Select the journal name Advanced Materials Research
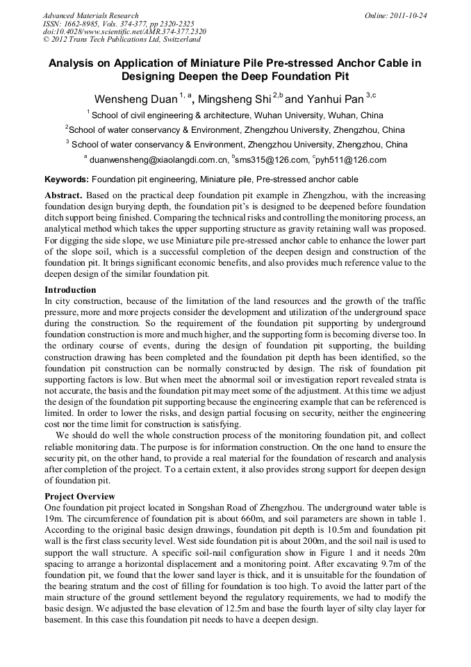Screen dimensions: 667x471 (x=91, y=15)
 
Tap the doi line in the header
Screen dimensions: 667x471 (x=124, y=32)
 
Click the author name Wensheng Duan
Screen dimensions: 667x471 (x=135, y=99)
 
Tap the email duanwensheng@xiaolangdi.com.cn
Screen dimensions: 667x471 (x=159, y=160)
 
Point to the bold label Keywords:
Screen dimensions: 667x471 (x=67, y=179)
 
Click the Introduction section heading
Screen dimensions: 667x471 (x=70, y=290)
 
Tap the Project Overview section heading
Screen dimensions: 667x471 (x=79, y=497)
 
